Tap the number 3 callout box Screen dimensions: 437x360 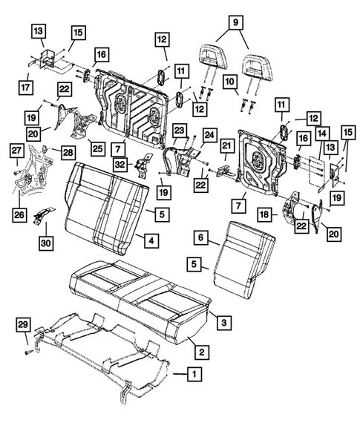click(222, 320)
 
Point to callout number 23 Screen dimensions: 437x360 click(179, 130)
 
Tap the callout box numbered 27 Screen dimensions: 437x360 click(16, 152)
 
